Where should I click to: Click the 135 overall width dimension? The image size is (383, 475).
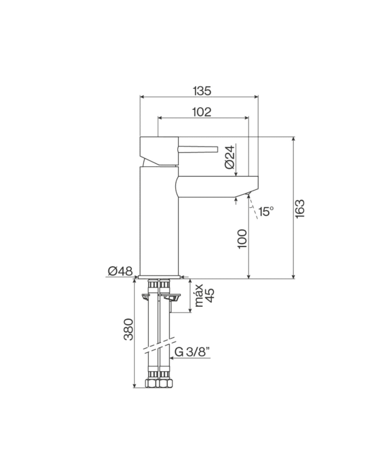[202, 91]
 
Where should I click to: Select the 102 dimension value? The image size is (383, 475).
[202, 112]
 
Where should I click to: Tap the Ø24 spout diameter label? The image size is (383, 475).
[230, 157]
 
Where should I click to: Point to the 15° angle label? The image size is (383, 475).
[266, 211]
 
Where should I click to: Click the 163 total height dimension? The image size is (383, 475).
[299, 209]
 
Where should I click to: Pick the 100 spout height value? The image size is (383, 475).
[242, 239]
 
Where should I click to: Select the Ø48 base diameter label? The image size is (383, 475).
[120, 271]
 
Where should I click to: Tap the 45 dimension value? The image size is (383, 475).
[210, 295]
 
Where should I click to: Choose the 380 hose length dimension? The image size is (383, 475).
[129, 329]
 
